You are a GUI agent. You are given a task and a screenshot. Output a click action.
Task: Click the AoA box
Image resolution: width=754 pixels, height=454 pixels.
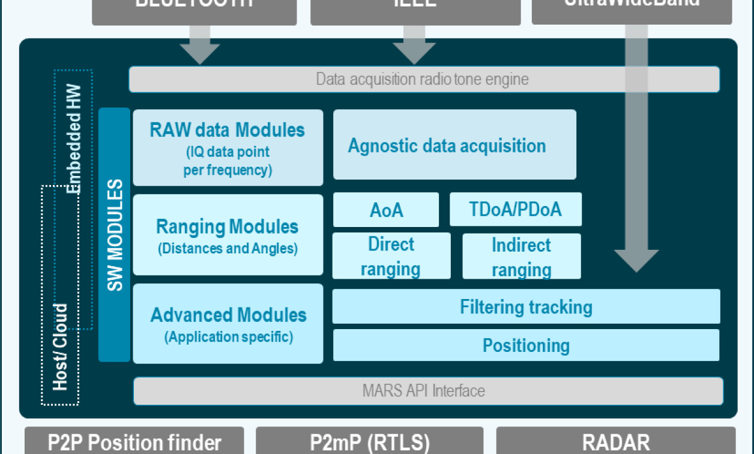(386, 210)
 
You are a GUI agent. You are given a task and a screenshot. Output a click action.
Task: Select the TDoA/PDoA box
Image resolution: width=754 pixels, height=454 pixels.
(515, 209)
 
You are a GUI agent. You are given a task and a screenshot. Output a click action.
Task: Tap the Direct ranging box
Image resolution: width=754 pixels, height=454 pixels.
(391, 256)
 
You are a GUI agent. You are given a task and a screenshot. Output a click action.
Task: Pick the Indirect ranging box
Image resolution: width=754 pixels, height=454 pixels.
(521, 256)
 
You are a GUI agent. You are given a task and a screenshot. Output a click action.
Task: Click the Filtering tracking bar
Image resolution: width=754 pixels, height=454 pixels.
(526, 307)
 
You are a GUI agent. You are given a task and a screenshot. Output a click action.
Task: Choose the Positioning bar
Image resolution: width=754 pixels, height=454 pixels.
(526, 345)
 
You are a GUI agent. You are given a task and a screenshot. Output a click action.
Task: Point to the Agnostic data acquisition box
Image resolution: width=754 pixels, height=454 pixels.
(454, 145)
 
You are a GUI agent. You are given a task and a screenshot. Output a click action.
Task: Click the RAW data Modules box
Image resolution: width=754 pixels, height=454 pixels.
(228, 148)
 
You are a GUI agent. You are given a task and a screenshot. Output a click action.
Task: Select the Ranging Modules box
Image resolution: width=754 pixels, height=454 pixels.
(228, 235)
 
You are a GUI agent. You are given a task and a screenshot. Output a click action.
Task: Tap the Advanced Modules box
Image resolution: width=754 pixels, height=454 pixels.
(228, 324)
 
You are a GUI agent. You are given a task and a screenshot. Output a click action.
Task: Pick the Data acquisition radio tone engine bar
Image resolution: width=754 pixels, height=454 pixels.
(423, 79)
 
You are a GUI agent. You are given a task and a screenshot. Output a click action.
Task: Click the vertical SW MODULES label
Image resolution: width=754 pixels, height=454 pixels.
(114, 235)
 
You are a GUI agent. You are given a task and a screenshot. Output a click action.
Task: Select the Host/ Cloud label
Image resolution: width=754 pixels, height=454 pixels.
(60, 347)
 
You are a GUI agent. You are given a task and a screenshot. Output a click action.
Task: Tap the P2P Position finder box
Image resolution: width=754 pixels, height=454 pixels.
(134, 442)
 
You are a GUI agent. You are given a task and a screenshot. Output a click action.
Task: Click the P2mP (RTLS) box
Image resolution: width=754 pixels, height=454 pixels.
(369, 442)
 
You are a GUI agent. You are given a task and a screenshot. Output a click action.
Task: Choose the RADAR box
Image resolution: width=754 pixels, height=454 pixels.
(615, 442)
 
